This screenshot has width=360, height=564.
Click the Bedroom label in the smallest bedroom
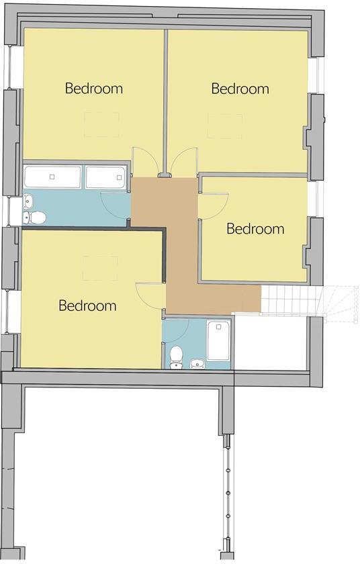coord(255,228)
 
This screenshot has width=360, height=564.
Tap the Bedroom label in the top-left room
coord(93,87)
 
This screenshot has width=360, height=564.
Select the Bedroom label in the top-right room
coord(240,88)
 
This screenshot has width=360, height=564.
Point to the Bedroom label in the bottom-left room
coord(87,305)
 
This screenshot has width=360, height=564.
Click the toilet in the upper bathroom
coord(36,217)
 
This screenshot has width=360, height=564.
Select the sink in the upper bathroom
coord(29,201)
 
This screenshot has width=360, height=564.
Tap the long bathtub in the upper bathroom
coord(52,177)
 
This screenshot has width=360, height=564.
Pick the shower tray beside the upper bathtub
coord(105,177)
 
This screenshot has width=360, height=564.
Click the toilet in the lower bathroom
coord(177,356)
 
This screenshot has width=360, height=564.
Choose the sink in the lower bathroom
coord(197,363)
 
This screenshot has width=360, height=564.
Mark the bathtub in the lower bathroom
coord(219,341)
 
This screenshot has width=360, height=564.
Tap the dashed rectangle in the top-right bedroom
coord(224,126)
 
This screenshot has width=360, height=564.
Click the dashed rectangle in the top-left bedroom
coord(101,125)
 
